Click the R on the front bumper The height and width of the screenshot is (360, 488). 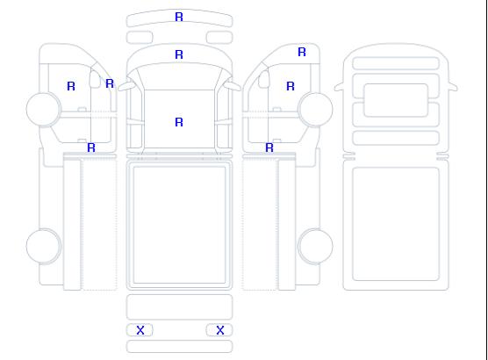pos(179,17)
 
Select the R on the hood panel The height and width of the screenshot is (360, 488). pos(179,54)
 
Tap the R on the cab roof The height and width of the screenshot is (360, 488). pos(179,122)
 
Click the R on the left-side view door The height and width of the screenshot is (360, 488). pos(71,86)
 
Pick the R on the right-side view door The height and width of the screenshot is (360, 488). pos(291,86)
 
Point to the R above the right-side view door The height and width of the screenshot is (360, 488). pos(302,52)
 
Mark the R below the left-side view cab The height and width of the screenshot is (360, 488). pos(91,148)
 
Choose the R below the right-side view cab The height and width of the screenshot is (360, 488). pos(269,148)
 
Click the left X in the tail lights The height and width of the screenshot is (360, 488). pos(140,330)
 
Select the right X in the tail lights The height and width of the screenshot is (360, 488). pos(220,330)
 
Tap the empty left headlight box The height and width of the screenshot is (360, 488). pos(140,38)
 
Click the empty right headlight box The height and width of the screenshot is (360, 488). pos(219,38)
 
